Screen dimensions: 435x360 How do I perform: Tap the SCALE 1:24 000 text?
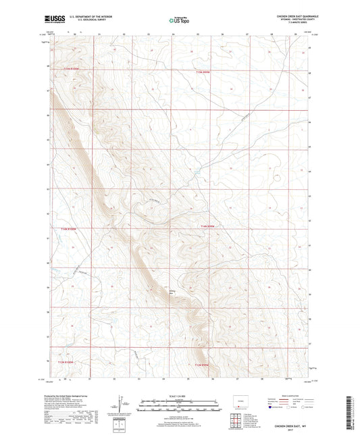[179, 394]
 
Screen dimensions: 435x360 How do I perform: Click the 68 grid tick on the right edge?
[311, 73]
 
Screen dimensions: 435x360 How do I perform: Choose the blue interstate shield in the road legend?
[271, 407]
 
